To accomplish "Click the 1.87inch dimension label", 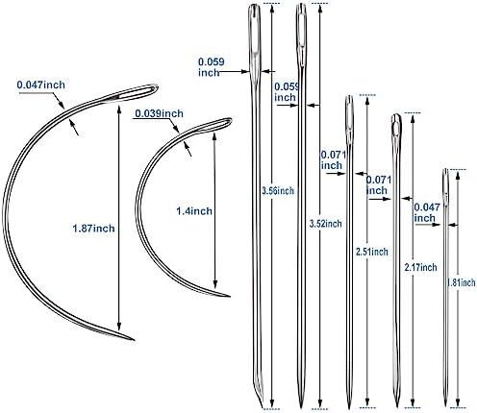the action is (93, 229).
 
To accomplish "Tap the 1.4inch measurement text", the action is (194, 211).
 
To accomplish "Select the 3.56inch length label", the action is (278, 191).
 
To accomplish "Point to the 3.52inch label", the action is (325, 224).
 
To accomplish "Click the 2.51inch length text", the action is (372, 252).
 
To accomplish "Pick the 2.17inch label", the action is (420, 267).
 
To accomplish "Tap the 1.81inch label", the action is (462, 282).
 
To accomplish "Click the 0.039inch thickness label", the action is (159, 113).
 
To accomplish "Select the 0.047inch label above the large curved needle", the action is (40, 85).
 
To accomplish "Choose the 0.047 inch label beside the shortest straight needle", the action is (427, 212).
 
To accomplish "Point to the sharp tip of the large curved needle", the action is (134, 340).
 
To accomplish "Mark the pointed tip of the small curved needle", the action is (230, 297).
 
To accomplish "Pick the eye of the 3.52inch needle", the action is (301, 26).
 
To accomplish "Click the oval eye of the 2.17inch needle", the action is (396, 126).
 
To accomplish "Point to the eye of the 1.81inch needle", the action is (445, 182).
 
